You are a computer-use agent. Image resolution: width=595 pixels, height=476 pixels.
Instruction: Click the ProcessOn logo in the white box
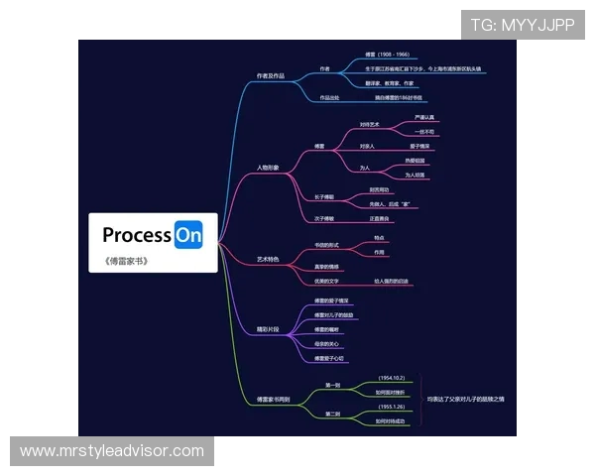[153, 235]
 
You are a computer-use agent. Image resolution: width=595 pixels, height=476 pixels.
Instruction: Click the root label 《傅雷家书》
[126, 262]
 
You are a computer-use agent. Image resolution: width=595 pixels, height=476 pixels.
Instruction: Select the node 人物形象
[268, 168]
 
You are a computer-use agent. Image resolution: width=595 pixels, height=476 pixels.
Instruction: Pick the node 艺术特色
[268, 259]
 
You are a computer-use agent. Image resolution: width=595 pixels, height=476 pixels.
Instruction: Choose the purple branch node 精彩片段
[268, 327]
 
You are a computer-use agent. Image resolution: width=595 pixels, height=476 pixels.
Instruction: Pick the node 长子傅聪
[324, 196]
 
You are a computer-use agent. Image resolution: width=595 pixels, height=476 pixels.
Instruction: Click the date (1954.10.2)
[392, 378]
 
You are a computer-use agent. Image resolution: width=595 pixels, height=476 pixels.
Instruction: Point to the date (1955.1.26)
[392, 407]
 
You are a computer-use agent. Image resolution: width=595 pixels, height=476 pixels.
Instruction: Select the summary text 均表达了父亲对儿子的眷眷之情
[466, 399]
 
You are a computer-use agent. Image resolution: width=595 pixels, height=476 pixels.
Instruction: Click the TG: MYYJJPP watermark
[522, 26]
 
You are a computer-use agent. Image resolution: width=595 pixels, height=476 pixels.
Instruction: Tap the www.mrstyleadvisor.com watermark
[112, 451]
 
